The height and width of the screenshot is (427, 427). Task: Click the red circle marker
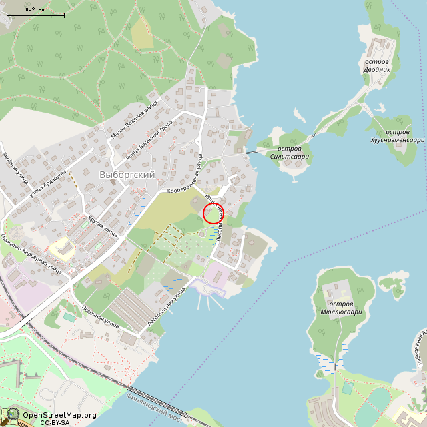tap(213, 213)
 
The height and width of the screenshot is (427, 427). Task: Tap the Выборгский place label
tap(127, 175)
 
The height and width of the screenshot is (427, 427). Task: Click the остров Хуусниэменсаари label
tap(397, 136)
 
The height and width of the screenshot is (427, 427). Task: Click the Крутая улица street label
tap(103, 226)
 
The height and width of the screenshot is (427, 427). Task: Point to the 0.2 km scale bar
tap(35, 14)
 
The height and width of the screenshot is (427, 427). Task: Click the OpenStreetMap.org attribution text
tap(59, 415)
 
